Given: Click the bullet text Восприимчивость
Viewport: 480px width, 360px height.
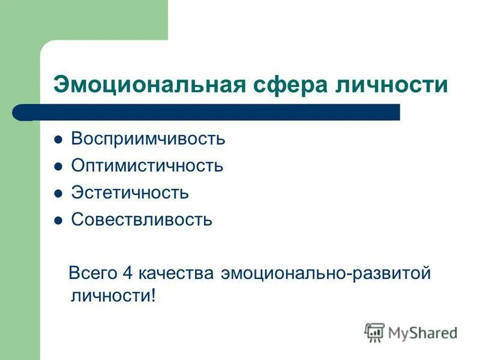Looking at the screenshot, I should point(148,139).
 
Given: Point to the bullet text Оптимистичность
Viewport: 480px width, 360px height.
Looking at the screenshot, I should point(147,166).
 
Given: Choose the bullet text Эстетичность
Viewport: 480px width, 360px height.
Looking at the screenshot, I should point(130,193).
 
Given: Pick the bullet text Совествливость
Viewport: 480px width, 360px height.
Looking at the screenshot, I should point(142,220).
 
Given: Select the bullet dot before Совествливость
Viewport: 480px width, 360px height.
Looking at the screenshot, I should point(58,220).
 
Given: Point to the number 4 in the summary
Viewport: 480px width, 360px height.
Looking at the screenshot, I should point(127,273).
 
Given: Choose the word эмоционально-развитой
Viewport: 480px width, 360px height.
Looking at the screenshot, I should point(325,273).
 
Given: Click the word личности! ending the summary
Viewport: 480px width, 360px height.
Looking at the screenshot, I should point(113,296).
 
